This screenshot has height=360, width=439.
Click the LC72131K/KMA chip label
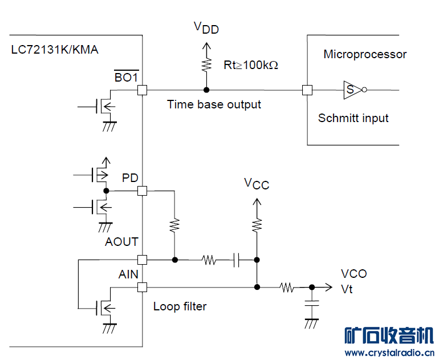(x=55, y=50)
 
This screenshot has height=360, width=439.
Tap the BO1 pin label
(x=126, y=77)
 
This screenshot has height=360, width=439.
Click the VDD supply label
(x=206, y=27)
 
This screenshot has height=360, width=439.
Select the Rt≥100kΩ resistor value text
(x=251, y=65)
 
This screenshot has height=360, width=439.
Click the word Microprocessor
(x=365, y=55)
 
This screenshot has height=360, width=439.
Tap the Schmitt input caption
(x=353, y=118)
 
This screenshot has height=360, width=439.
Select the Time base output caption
(x=214, y=104)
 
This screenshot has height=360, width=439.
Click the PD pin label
(x=130, y=178)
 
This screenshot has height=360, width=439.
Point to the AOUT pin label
(x=121, y=242)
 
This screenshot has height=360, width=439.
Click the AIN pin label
(x=128, y=274)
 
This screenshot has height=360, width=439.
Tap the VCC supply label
(x=257, y=184)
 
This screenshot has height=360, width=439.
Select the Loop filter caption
(x=180, y=306)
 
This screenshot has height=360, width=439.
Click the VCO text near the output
(x=353, y=274)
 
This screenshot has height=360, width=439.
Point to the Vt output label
(x=347, y=289)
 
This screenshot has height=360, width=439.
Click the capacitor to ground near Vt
(x=311, y=308)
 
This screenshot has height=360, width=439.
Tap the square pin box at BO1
(x=142, y=90)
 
